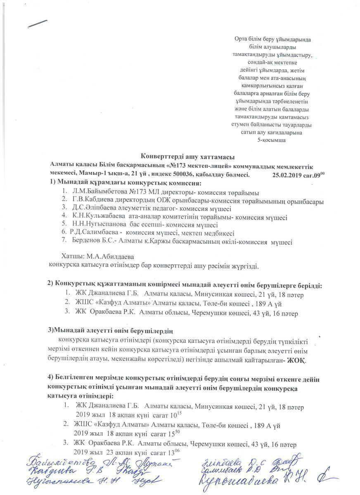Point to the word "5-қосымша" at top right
(x=271, y=140)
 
